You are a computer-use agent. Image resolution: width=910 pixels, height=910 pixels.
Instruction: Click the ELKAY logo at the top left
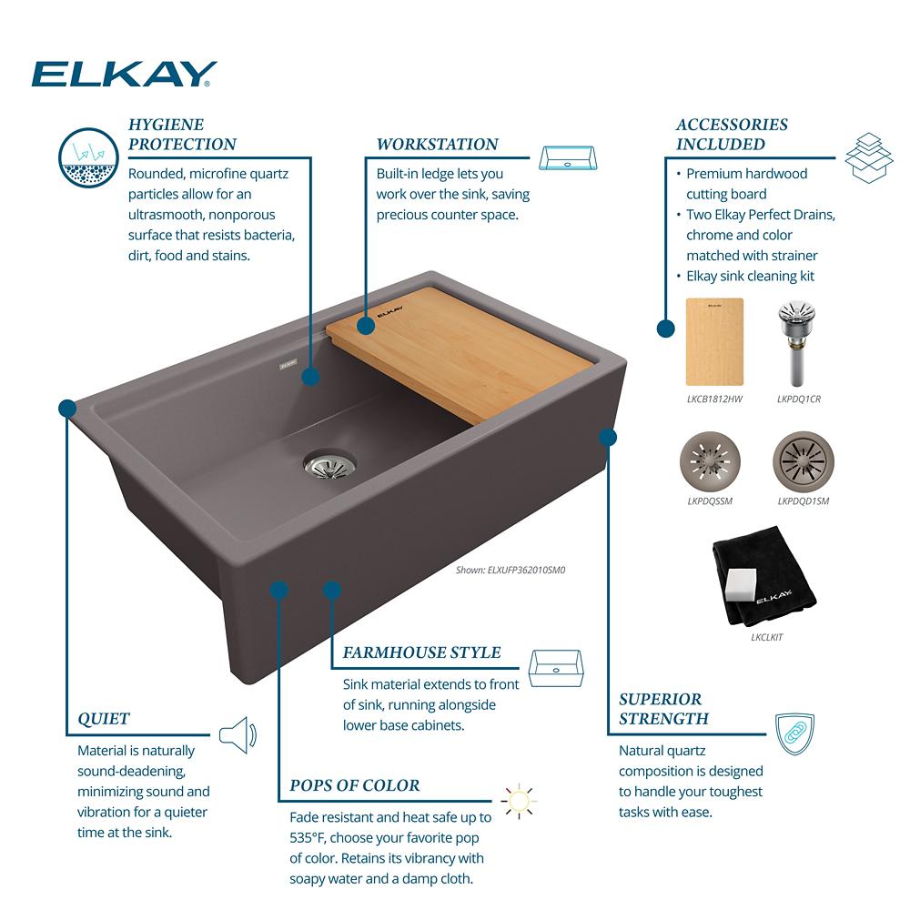124,74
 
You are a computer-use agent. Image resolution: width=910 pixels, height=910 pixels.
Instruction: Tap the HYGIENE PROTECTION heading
182,134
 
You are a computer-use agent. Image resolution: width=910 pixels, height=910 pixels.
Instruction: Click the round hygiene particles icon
89,157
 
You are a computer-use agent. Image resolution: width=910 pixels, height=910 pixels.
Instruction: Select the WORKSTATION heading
437,144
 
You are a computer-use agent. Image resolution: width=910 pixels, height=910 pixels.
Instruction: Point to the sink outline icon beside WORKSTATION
568,157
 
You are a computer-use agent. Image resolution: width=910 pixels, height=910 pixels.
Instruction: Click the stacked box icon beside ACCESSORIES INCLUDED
869,157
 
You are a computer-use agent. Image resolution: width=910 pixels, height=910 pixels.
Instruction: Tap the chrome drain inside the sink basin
329,464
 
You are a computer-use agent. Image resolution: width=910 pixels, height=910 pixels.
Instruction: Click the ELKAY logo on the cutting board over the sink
390,311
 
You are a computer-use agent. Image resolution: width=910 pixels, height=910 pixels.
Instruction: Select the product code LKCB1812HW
714,399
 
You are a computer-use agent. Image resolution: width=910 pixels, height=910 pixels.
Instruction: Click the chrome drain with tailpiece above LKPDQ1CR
797,342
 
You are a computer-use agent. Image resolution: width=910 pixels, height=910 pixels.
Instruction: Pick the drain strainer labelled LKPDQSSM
710,461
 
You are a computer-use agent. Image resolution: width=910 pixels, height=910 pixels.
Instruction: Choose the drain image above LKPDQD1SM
804,461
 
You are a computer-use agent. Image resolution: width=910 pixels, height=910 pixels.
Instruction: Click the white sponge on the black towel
741,584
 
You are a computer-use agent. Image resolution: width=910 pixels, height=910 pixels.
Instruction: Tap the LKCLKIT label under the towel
766,637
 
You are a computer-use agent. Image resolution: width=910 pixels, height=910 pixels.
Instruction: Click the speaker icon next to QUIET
238,734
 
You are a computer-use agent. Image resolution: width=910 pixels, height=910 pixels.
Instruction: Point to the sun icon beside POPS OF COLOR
519,802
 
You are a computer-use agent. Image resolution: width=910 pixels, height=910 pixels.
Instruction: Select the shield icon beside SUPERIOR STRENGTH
795,733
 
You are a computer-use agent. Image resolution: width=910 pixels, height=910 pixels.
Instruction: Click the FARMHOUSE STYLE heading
422,652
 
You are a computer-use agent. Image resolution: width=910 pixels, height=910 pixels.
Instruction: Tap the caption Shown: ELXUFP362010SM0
511,570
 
